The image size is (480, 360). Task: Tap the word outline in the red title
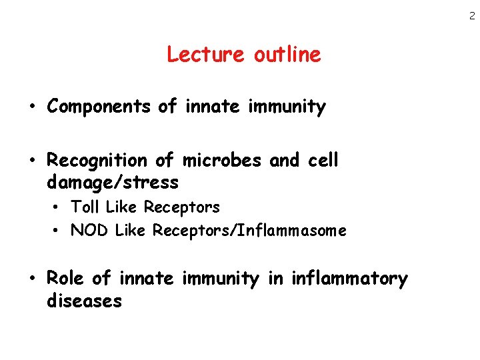[287, 54]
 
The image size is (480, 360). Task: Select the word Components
[99, 107]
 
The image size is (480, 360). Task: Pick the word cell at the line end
[324, 161]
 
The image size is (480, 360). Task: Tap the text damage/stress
[113, 182]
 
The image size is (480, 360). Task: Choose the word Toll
[84, 207]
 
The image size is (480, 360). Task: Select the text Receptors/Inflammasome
[249, 231]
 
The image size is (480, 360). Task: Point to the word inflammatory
[349, 279]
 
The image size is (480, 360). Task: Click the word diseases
[84, 301]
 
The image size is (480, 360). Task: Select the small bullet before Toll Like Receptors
[58, 208]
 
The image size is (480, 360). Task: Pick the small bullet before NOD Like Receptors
[58, 231]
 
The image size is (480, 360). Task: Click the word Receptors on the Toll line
[181, 207]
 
